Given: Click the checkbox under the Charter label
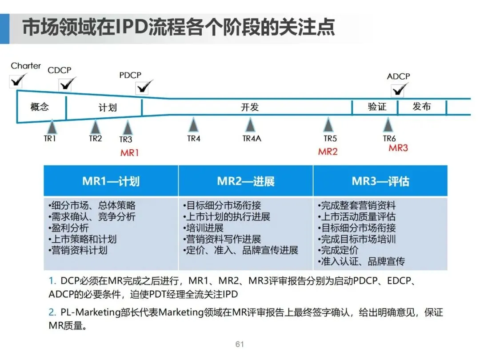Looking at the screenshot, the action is [x=17, y=81].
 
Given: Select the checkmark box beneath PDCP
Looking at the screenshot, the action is [x=143, y=87].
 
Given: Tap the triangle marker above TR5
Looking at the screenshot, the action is [x=328, y=125].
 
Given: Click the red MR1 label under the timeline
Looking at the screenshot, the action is [x=129, y=153].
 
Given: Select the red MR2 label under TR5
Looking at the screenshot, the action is [x=328, y=152].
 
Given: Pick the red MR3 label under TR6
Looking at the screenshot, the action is [x=398, y=148].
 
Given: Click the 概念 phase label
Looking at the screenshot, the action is [x=40, y=107].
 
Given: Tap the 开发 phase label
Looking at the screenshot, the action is [x=250, y=107].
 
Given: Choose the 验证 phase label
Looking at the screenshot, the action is [x=377, y=107].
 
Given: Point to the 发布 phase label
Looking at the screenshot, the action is [x=421, y=107].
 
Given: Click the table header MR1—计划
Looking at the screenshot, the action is [x=111, y=181].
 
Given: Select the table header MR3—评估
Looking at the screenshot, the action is [x=380, y=181].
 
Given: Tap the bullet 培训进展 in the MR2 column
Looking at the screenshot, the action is [x=204, y=228].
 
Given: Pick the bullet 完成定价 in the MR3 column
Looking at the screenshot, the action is [x=339, y=250].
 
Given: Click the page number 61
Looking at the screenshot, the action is [x=240, y=344].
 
